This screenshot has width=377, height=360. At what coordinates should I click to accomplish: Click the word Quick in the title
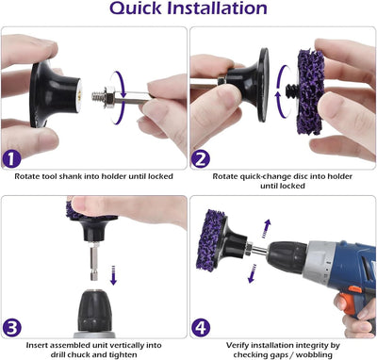tap(136, 8)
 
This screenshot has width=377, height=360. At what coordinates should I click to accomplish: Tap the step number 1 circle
tap(11, 159)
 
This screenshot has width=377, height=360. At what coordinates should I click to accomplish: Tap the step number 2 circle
tap(201, 159)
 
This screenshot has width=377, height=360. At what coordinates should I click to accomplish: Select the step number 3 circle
tap(11, 328)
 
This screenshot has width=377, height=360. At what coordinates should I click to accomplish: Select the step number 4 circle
tap(201, 328)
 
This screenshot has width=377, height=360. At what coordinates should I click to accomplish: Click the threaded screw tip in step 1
tap(98, 96)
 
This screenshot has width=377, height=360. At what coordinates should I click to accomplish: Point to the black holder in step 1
tap(56, 93)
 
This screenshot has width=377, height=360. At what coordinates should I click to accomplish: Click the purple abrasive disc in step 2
tap(310, 91)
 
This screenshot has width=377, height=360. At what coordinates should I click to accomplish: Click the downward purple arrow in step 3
tap(113, 275)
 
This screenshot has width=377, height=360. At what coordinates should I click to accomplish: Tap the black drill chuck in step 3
tap(93, 310)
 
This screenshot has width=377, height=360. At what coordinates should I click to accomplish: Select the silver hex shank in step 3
tap(93, 262)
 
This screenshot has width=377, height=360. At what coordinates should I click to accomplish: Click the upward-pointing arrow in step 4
tap(266, 229)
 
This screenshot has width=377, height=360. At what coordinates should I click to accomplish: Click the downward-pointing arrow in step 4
tap(253, 273)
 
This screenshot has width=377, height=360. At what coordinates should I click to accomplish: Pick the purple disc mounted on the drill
tap(210, 240)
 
